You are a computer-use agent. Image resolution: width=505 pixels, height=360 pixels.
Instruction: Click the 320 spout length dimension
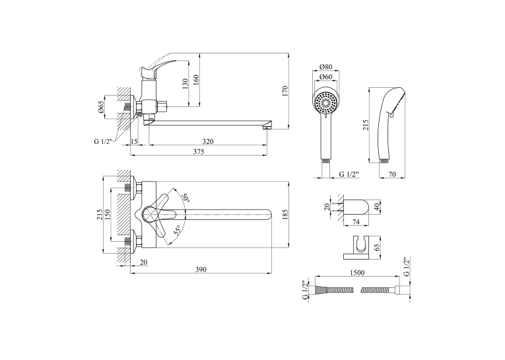(208, 141)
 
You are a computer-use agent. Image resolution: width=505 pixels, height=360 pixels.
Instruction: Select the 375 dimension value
(199, 151)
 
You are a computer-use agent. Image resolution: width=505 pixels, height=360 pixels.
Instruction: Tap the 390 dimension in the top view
(201, 270)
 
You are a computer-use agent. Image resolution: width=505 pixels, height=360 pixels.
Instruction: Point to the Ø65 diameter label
(101, 106)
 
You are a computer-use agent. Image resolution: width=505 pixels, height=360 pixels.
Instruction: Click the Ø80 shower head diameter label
(325, 67)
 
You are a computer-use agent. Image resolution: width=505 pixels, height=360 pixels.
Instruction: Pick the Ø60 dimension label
(325, 77)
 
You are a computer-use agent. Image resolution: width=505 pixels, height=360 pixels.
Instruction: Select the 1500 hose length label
(357, 273)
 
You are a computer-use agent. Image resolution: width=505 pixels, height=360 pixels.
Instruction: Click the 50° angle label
(185, 198)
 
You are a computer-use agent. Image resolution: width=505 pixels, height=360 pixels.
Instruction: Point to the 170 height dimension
(285, 92)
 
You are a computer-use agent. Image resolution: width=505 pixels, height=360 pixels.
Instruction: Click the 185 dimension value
(285, 214)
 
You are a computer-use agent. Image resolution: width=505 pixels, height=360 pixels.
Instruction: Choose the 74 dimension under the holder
(356, 222)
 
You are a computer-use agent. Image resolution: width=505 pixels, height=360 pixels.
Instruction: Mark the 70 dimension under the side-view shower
(392, 174)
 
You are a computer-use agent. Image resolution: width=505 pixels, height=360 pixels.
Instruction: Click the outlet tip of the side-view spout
(267, 127)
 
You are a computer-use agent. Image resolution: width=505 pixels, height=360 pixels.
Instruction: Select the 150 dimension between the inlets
(108, 214)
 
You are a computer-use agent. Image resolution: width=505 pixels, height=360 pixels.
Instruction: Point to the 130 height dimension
(185, 84)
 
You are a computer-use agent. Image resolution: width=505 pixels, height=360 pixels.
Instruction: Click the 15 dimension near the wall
(134, 141)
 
